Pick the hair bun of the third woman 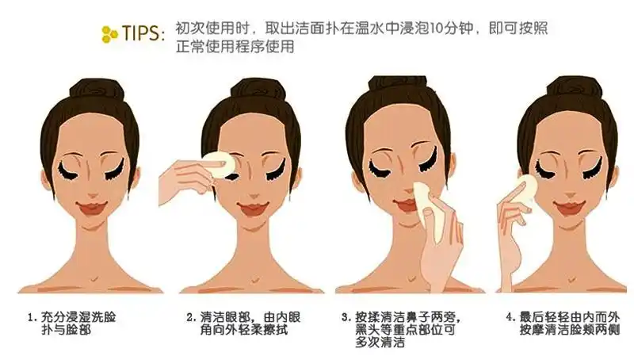click(400, 86)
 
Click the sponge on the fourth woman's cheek click(523, 190)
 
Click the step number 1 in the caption click(31, 316)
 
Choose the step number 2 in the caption click(191, 316)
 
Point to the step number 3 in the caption click(346, 316)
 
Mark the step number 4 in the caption click(510, 316)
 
